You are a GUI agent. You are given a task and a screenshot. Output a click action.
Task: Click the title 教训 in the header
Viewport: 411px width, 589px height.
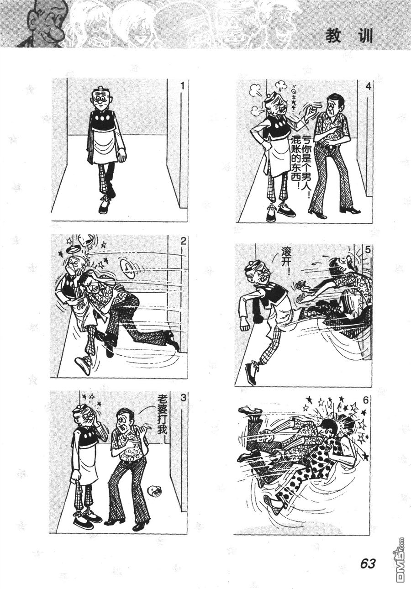(349, 36)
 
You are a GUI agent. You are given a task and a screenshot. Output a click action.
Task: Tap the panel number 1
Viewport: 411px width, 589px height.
(183, 86)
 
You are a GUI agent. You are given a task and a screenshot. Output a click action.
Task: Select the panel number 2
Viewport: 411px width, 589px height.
(183, 241)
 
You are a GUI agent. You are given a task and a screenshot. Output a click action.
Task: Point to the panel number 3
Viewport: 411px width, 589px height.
(183, 398)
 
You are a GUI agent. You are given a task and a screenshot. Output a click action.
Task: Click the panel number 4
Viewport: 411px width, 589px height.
(368, 86)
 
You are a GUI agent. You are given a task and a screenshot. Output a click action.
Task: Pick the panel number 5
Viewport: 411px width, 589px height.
(368, 250)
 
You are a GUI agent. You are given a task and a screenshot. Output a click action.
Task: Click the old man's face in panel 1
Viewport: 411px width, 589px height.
(100, 101)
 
